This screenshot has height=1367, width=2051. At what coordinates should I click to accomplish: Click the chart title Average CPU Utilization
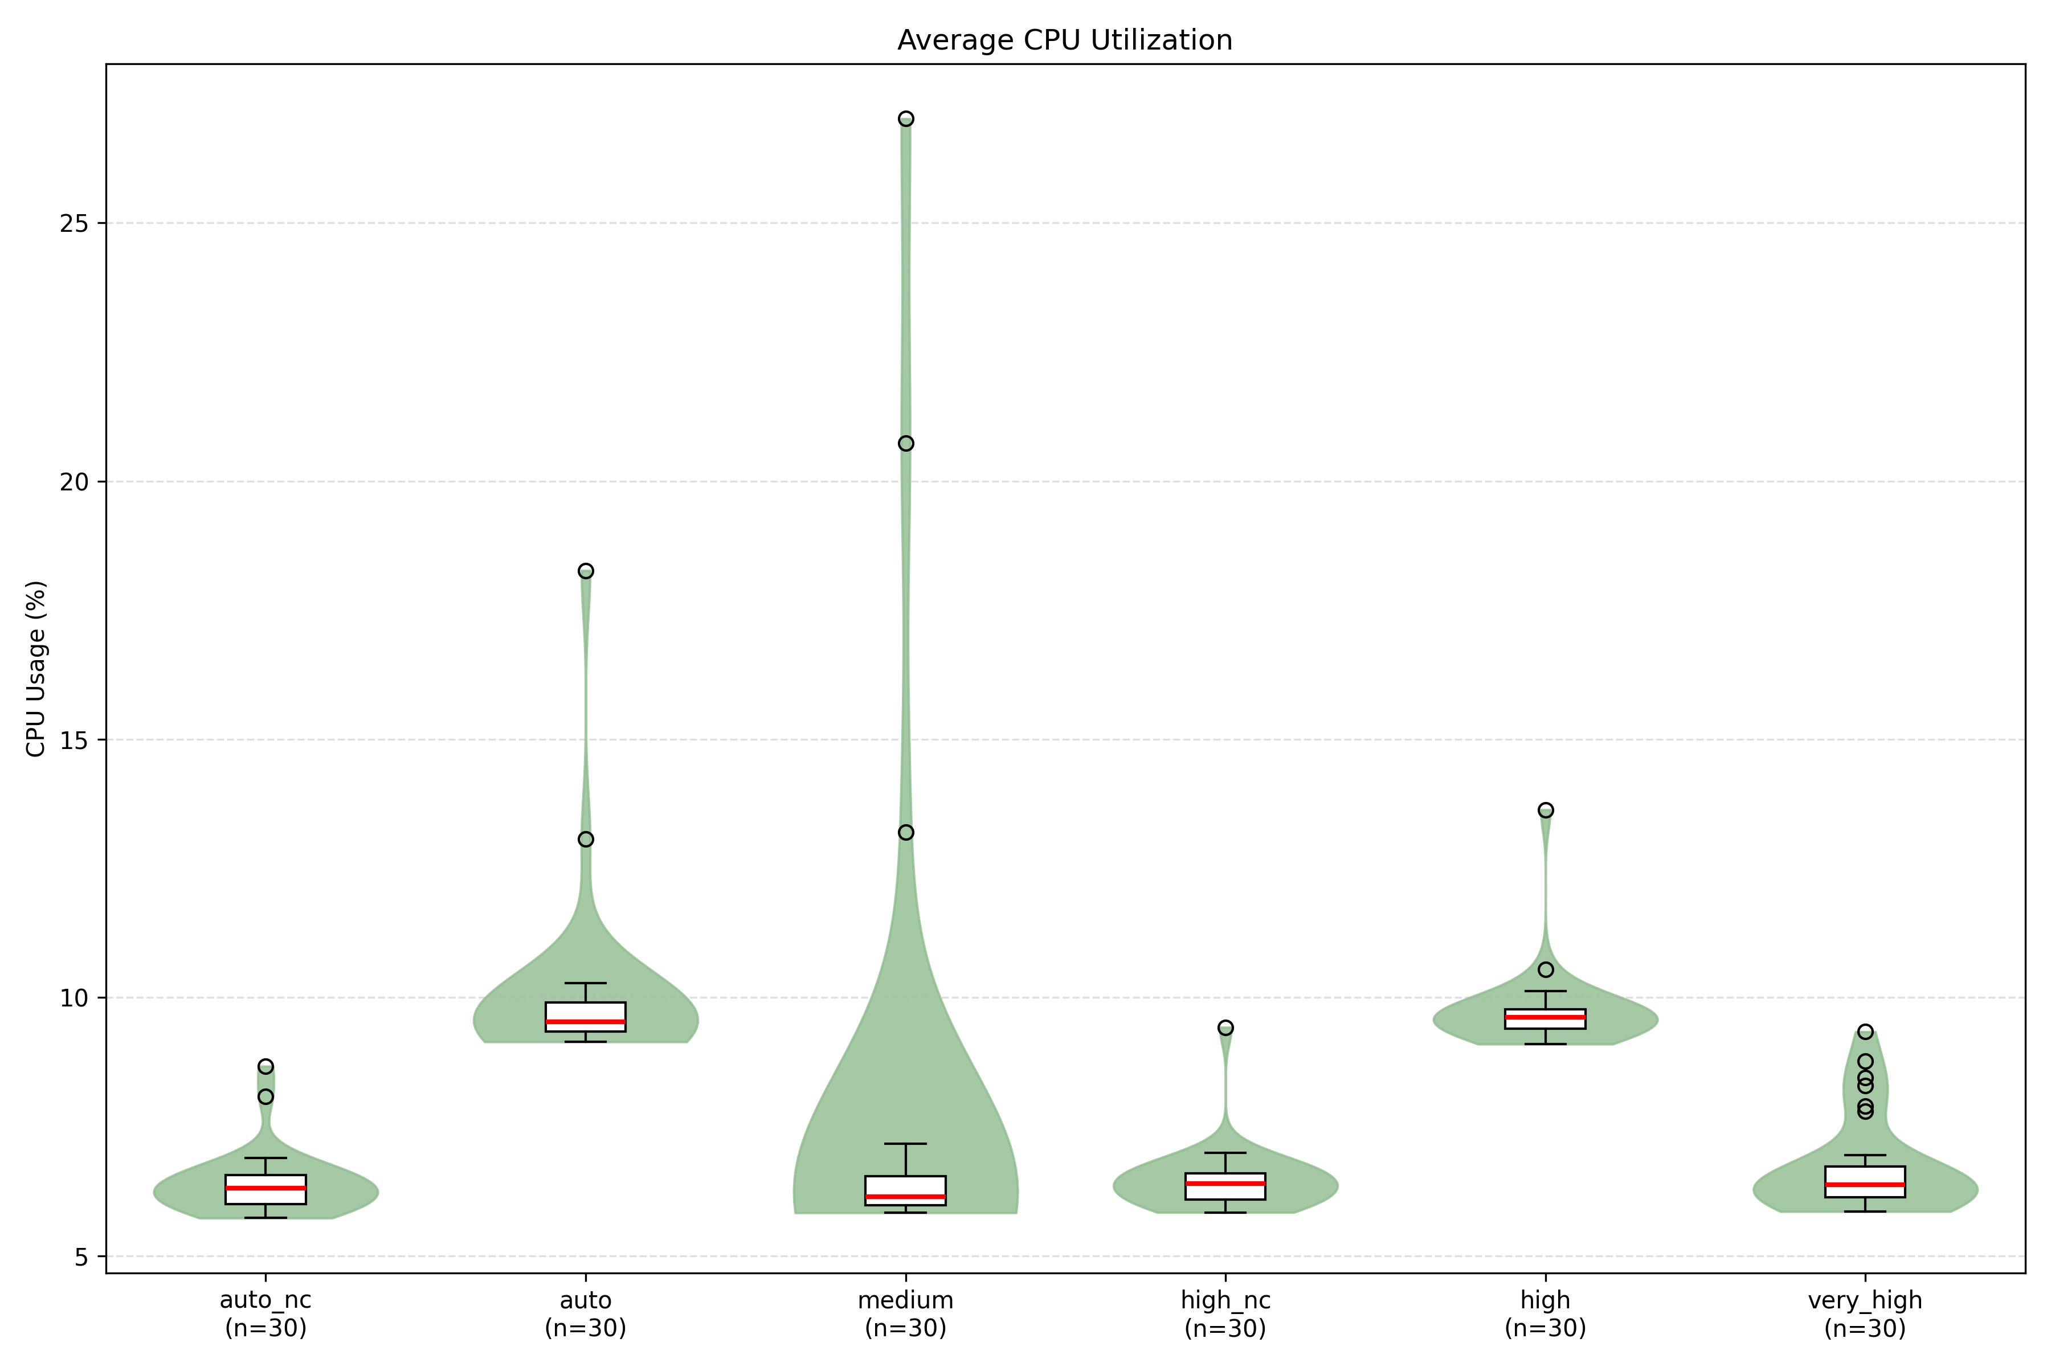(x=1065, y=40)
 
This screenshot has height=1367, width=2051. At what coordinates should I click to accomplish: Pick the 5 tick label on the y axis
(x=81, y=1257)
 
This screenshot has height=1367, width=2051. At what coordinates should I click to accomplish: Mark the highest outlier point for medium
(x=906, y=118)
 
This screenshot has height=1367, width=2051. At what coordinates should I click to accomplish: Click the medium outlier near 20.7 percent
(x=906, y=444)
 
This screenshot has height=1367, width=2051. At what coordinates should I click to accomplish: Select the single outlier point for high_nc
(x=1225, y=1028)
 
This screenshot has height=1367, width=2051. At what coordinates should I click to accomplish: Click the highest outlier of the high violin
(x=1545, y=810)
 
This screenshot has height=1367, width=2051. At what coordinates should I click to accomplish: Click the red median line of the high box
(x=1545, y=1017)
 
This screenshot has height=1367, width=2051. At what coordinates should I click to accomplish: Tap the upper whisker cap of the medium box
(x=906, y=1144)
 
